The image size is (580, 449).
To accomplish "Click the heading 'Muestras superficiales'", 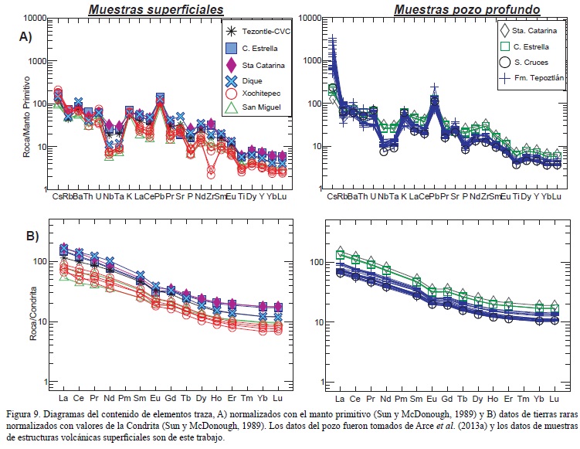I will [155, 9].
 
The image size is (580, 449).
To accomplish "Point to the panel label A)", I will [25, 36].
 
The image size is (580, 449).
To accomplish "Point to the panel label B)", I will [25, 236].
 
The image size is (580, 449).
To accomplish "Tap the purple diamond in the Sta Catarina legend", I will [230, 65].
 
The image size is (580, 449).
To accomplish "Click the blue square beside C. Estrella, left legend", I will [230, 48].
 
